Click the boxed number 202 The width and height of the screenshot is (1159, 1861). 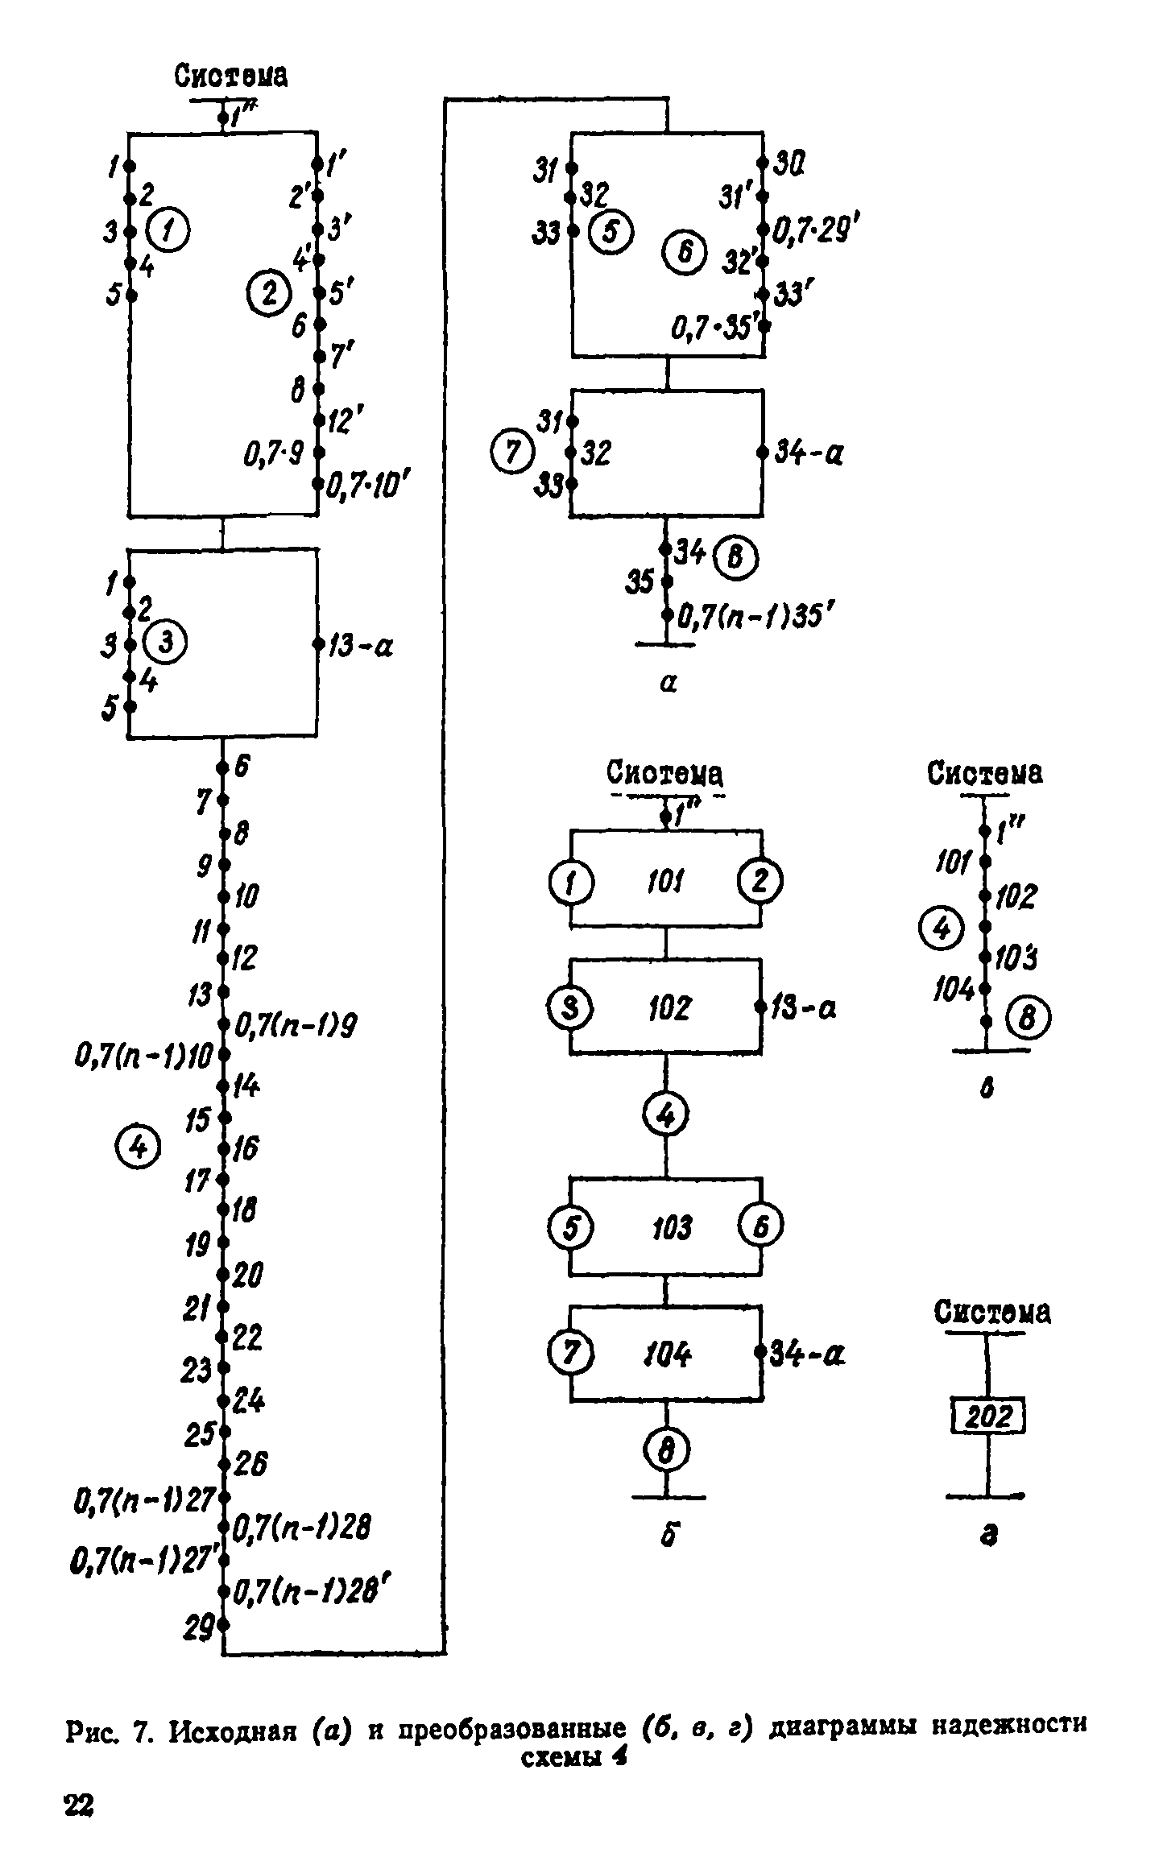coord(988,1437)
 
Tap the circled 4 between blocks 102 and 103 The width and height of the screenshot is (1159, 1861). coord(666,1115)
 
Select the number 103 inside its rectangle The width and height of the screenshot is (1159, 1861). coord(670,1228)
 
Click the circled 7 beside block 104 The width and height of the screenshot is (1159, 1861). coord(570,1352)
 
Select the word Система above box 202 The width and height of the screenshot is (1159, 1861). coord(992,1313)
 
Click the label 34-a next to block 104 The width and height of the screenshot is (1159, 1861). coord(808,1355)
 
